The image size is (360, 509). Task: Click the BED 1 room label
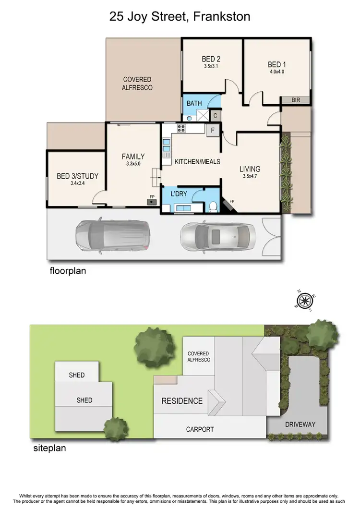pyautogui.click(x=277, y=65)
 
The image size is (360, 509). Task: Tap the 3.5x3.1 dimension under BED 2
pyautogui.click(x=211, y=67)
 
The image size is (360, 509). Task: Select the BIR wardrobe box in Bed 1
pyautogui.click(x=296, y=100)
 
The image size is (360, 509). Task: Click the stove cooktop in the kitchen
pyautogui.click(x=182, y=128)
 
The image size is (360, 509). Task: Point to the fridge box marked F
pyautogui.click(x=212, y=129)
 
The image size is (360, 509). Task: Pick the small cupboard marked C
pyautogui.click(x=216, y=116)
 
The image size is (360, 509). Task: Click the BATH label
pyautogui.click(x=194, y=103)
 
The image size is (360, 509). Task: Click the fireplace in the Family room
pyautogui.click(x=152, y=201)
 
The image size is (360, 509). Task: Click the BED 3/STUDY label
pyautogui.click(x=77, y=176)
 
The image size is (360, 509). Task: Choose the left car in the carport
pyautogui.click(x=112, y=235)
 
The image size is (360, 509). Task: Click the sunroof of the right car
pyautogui.click(x=216, y=235)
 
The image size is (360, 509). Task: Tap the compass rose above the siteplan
pyautogui.click(x=304, y=301)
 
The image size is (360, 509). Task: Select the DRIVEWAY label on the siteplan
pyautogui.click(x=300, y=424)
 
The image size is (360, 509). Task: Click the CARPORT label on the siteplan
pyautogui.click(x=200, y=429)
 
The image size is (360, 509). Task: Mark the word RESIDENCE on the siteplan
pyautogui.click(x=182, y=401)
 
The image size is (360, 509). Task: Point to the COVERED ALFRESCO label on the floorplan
pyautogui.click(x=137, y=84)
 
